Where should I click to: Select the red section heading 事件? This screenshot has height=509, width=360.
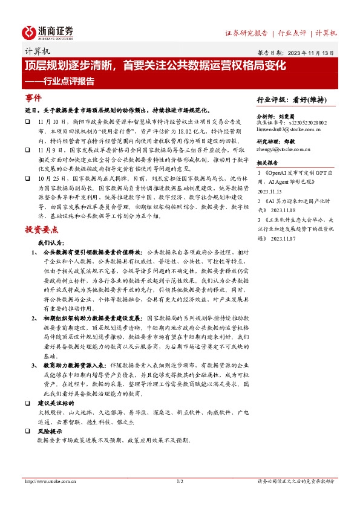click(x=33, y=98)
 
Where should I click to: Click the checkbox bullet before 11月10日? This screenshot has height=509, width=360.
click(x=28, y=122)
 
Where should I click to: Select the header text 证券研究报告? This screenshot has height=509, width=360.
click(x=246, y=33)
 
